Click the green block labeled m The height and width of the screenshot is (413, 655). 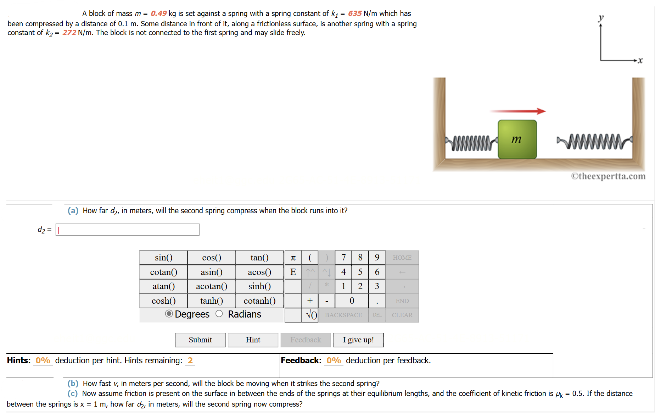517,139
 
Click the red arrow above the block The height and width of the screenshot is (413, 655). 518,111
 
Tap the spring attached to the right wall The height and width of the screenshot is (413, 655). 594,142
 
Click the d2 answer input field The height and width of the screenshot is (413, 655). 128,230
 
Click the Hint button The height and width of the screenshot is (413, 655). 253,340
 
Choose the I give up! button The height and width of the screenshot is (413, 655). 358,340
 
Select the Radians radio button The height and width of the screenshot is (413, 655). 219,314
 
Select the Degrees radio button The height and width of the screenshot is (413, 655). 169,314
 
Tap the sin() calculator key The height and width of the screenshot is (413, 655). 163,258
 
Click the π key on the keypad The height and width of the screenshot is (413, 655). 293,258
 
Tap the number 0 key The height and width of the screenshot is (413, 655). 352,301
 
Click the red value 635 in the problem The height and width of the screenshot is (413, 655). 354,13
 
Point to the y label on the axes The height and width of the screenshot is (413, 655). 601,17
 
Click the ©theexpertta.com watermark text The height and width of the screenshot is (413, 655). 608,176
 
